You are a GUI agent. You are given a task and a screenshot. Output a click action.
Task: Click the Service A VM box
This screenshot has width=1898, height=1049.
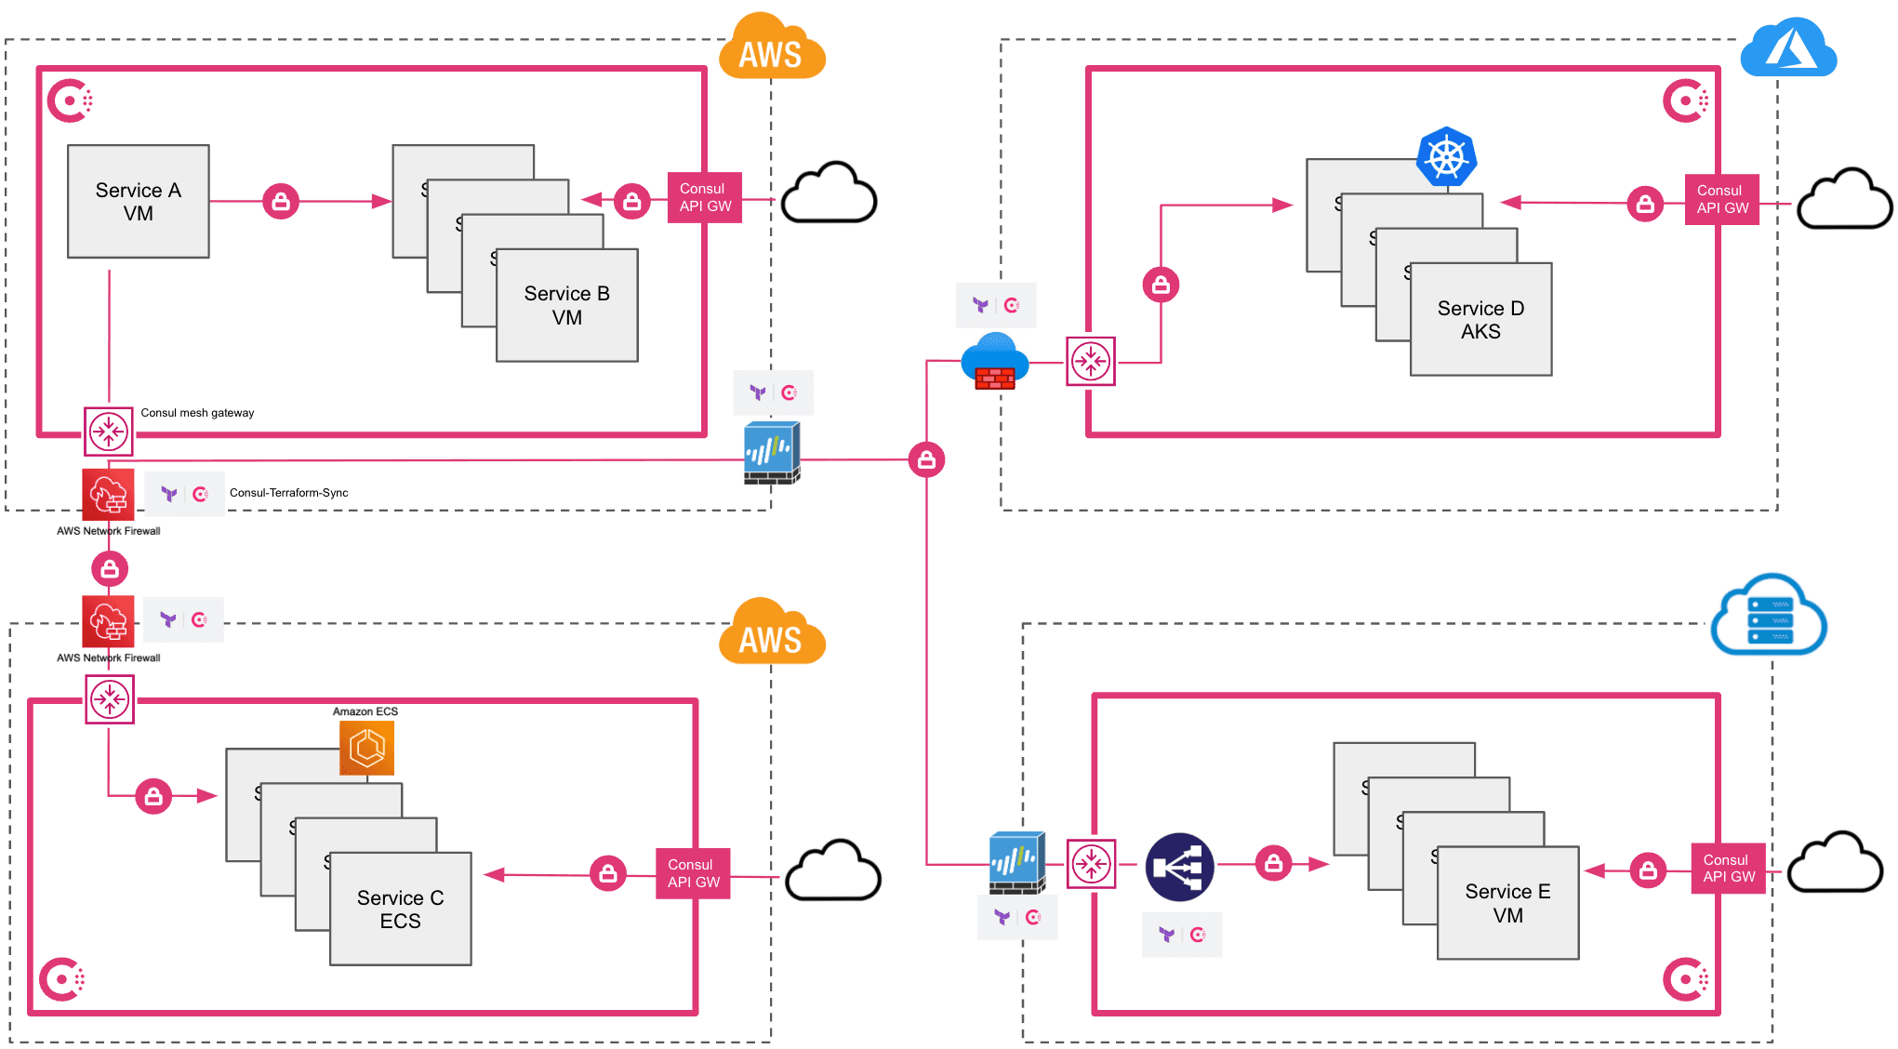point(138,202)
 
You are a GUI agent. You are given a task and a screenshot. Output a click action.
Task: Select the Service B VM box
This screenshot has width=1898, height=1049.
point(566,305)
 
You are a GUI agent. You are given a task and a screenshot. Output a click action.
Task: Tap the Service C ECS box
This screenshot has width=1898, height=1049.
point(400,909)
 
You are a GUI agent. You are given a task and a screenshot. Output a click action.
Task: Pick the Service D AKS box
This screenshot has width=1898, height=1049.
point(1480,319)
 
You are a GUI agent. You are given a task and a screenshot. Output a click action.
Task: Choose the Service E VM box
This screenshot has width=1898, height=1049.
point(1507,902)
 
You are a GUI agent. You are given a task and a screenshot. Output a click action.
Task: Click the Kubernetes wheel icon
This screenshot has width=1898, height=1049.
point(1446,156)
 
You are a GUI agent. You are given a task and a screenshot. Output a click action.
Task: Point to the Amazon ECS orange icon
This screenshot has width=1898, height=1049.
point(367,748)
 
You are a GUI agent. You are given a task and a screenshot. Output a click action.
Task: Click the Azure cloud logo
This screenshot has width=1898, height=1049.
point(1787,48)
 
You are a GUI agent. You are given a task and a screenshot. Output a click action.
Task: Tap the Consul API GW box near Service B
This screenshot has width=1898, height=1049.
point(704,197)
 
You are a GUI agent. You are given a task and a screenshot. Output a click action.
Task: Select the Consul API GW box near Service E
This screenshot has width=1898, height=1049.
point(1728,868)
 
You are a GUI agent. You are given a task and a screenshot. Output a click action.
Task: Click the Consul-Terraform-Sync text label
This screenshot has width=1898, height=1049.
point(288,493)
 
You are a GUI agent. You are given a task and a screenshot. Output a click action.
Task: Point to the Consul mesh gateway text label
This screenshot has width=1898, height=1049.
point(197,413)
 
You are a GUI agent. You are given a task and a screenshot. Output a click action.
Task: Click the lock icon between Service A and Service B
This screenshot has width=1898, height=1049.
point(281,201)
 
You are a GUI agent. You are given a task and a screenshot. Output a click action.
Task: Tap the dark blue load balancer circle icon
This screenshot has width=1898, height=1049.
point(1179,867)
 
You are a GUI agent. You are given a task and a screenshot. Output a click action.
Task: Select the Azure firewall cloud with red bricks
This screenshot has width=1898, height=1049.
point(994,362)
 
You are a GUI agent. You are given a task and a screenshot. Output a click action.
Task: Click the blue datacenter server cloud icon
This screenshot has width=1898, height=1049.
point(1769,616)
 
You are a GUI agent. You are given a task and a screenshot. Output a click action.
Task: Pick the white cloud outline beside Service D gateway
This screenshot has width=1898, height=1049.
point(1843,199)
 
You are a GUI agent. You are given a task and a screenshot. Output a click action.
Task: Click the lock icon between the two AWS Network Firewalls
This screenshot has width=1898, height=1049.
point(110,568)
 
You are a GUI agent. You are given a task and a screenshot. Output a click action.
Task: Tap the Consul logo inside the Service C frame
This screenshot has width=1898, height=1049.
point(62,978)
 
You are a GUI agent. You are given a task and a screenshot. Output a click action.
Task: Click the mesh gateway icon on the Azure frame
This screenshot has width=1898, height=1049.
point(1090,361)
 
